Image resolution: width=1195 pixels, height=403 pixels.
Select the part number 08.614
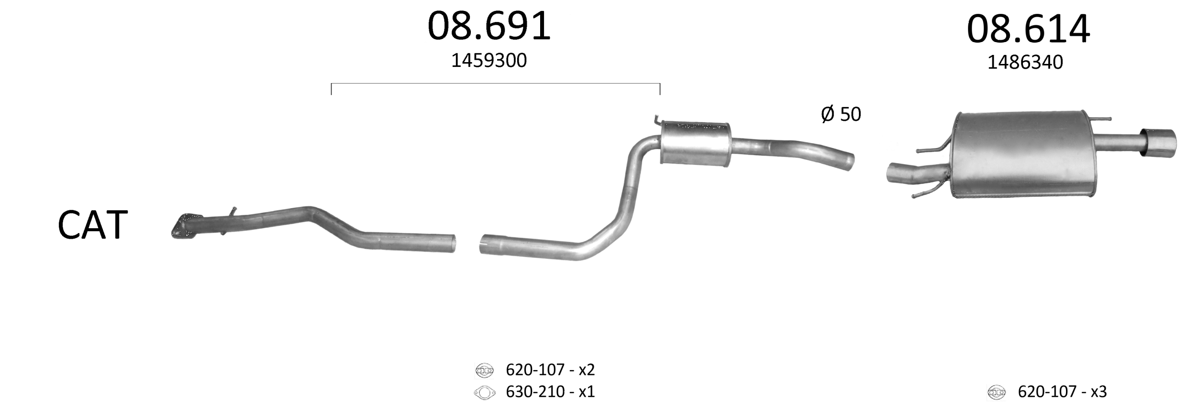(1028, 29)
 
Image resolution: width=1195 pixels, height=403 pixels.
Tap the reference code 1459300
(489, 61)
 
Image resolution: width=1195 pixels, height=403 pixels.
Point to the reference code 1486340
(1025, 63)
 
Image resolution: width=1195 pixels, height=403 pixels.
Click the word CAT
(93, 225)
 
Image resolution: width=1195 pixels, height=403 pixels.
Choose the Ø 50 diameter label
(841, 114)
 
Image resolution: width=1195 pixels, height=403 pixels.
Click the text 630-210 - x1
(550, 392)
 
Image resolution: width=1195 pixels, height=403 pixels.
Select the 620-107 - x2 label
(550, 370)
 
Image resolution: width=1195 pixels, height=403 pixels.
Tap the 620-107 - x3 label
(1062, 392)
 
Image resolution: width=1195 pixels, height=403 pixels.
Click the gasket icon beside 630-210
(484, 393)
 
